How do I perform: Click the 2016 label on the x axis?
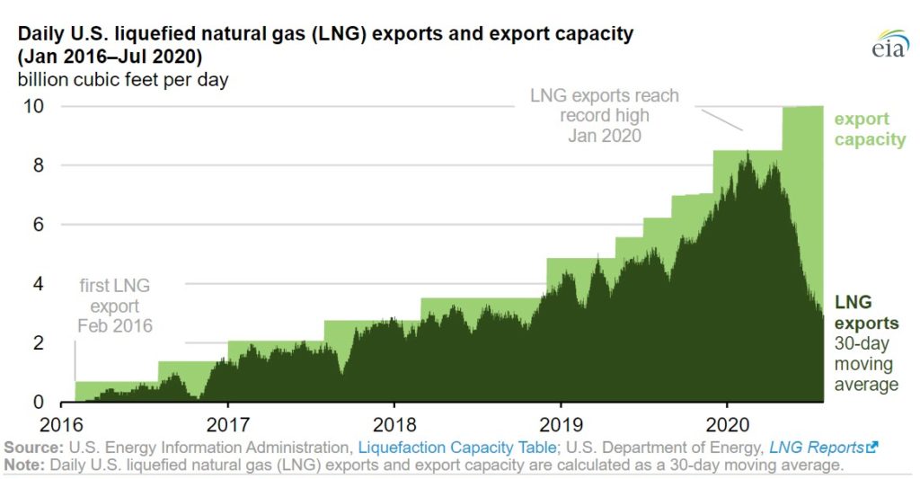tap(61, 423)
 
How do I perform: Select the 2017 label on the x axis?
tap(227, 423)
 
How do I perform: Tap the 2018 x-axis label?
tap(394, 423)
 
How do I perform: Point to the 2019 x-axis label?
tap(560, 423)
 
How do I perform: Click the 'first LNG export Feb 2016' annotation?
tap(115, 306)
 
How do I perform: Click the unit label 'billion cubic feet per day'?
tap(120, 79)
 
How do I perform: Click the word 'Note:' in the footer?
tap(25, 465)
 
